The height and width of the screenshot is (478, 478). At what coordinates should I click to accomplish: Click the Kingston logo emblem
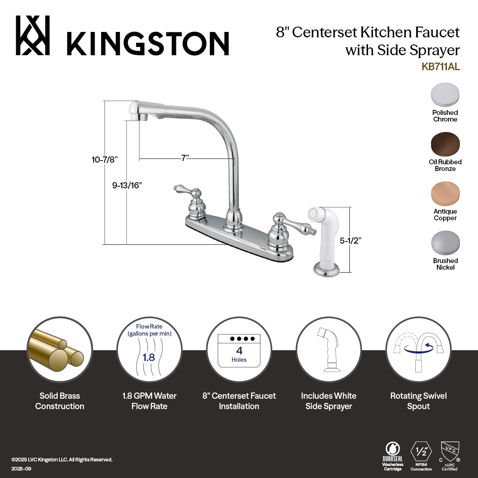point(33,36)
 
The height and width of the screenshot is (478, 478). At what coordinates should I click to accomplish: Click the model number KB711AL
point(440,67)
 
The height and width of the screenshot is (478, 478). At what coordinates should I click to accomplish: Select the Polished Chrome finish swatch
point(445,95)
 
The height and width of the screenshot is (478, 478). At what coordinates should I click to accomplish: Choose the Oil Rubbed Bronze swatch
point(445,144)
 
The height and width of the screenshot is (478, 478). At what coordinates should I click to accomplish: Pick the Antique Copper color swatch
point(445,194)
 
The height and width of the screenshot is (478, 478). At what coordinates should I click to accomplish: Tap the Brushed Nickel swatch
point(445,243)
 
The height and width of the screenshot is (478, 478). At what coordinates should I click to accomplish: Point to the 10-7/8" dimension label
point(105,159)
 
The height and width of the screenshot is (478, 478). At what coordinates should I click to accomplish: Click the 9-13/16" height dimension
point(127,185)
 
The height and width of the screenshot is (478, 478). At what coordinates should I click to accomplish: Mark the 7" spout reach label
point(185,158)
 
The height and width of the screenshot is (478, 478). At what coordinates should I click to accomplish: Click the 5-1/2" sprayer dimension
point(350,240)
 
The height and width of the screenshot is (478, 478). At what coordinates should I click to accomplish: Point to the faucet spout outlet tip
point(138,116)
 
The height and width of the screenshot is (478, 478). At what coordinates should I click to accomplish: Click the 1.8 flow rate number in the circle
point(149,357)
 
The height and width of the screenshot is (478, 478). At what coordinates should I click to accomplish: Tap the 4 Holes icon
point(239,351)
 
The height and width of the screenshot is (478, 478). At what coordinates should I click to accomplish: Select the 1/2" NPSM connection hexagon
point(421,452)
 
